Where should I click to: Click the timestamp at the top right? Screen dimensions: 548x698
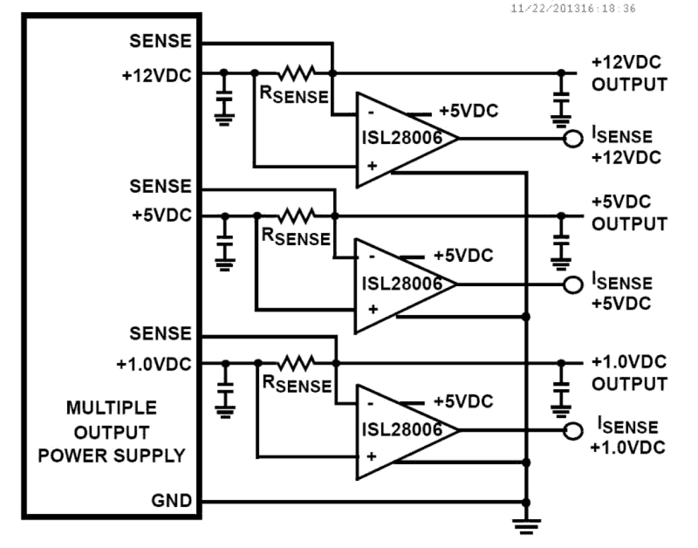(572, 8)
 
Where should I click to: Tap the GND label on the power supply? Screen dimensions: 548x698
(171, 501)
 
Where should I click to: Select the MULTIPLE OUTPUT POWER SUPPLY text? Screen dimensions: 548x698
(111, 432)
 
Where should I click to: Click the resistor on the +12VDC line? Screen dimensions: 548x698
(297, 73)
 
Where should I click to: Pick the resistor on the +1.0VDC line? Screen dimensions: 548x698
(297, 363)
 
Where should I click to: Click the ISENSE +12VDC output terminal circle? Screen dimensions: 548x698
(572, 138)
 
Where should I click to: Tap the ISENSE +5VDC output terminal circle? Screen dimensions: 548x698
(572, 285)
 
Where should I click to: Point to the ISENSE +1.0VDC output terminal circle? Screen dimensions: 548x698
(572, 431)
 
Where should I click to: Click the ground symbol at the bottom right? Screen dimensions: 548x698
(526, 525)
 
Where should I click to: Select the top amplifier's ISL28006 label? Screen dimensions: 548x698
(402, 137)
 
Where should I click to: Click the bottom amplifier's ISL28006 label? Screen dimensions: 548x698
(402, 429)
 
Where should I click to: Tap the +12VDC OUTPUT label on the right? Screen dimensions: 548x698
(629, 73)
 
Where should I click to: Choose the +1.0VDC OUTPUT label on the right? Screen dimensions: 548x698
(629, 373)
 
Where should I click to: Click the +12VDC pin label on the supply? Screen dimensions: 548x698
(157, 75)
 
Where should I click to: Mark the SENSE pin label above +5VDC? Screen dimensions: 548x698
(160, 186)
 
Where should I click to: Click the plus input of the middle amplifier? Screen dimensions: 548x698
(373, 309)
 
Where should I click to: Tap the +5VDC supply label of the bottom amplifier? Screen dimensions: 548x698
(463, 401)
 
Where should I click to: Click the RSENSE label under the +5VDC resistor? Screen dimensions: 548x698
(296, 237)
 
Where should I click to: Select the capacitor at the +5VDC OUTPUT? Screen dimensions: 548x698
(561, 240)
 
